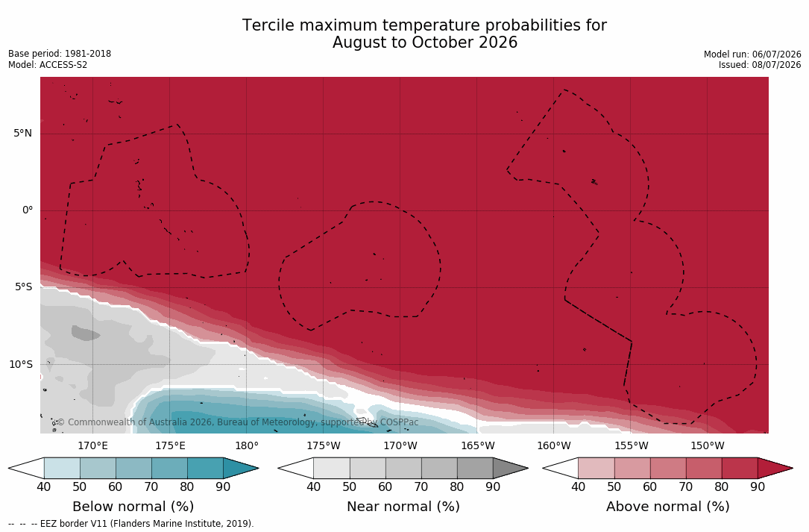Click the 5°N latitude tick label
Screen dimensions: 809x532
[22, 134]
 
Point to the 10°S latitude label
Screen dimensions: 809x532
[21, 364]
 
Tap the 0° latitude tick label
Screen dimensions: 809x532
[28, 210]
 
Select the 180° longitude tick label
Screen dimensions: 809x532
[247, 445]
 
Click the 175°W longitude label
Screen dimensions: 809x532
[324, 445]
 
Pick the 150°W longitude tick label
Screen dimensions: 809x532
[708, 445]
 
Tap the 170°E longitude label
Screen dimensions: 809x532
[93, 445]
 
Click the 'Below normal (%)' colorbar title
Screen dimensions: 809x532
[133, 506]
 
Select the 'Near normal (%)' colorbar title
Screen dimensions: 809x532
[403, 506]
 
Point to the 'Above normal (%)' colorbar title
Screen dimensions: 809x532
[667, 506]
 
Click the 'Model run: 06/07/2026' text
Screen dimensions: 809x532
[752, 54]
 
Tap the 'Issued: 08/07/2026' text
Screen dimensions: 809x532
[760, 65]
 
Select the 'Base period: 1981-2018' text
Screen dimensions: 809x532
[60, 54]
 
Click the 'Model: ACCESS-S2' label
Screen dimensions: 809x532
[48, 65]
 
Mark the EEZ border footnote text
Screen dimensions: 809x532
[131, 523]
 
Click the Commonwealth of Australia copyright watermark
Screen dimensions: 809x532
[238, 422]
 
